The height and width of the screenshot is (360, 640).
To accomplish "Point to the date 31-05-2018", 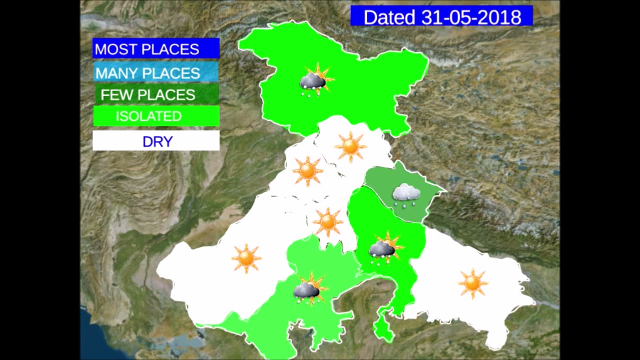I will coord(471,17).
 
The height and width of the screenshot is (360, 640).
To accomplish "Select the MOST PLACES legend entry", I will coord(156,49).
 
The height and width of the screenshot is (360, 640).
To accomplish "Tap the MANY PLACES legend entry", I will coord(156,73).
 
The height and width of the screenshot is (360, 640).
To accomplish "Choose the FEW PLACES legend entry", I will coord(156,95).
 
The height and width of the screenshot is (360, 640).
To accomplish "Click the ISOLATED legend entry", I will coord(156,116).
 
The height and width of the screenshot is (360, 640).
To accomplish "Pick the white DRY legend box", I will coord(156,141).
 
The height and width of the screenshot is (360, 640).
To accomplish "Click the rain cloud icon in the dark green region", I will coord(405,194).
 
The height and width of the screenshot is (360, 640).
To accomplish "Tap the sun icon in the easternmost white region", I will coord(472,283).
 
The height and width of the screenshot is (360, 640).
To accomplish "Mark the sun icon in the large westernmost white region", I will coord(246,258).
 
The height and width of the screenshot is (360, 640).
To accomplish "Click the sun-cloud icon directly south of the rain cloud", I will coord(385,247).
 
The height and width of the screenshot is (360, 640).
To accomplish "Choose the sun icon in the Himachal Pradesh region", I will coord(350,146).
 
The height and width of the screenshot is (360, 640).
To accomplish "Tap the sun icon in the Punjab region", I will coord(307,170).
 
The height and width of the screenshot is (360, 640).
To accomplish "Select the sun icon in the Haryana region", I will coord(327,221).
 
